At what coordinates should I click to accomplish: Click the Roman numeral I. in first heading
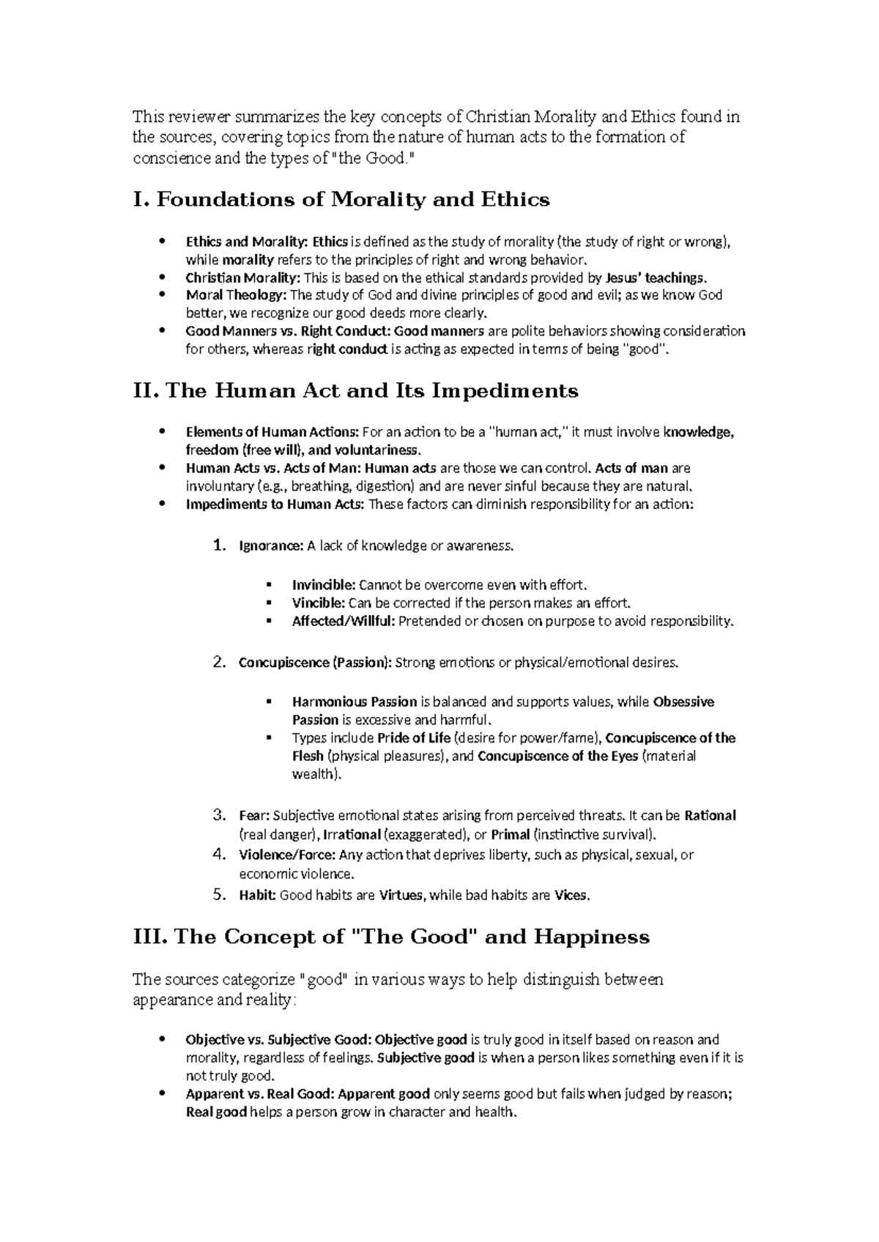[141, 200]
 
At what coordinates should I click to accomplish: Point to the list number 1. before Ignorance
[218, 546]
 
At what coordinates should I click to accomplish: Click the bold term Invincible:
[324, 585]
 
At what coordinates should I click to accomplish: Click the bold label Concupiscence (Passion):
[315, 663]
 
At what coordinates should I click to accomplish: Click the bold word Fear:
[254, 816]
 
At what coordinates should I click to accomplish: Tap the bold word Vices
[571, 895]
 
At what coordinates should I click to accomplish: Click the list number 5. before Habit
[218, 894]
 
